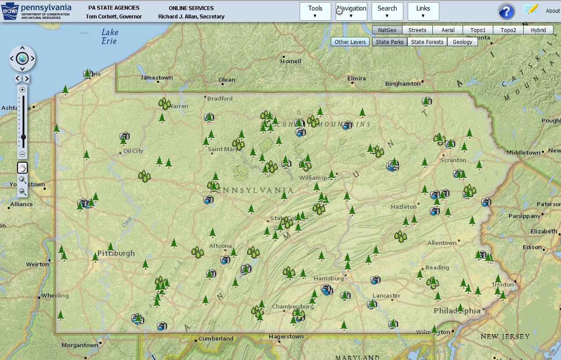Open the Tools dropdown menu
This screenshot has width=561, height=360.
[x=315, y=11]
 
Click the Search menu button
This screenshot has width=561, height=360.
[x=387, y=11]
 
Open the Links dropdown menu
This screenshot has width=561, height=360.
[x=423, y=11]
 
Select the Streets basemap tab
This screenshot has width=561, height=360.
[x=417, y=30]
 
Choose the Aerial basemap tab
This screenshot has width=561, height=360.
[x=448, y=30]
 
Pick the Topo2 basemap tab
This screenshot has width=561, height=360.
[x=508, y=30]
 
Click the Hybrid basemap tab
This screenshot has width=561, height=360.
[x=538, y=30]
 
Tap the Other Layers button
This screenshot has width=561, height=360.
[x=350, y=42]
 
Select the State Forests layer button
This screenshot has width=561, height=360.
[x=427, y=42]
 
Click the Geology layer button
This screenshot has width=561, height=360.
[x=462, y=42]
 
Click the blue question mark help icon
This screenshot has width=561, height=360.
[x=506, y=11]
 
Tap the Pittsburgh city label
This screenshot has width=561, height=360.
[x=116, y=253]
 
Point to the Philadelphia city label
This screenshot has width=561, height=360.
[x=457, y=311]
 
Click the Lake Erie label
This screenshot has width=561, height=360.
[x=109, y=36]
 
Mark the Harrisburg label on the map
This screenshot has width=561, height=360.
[x=328, y=278]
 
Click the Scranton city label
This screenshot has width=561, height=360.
[x=453, y=160]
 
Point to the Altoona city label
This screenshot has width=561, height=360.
[x=221, y=246]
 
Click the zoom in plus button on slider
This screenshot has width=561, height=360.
[x=22, y=90]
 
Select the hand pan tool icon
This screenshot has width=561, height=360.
[x=22, y=167]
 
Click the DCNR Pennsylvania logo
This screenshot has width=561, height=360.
[x=36, y=11]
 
